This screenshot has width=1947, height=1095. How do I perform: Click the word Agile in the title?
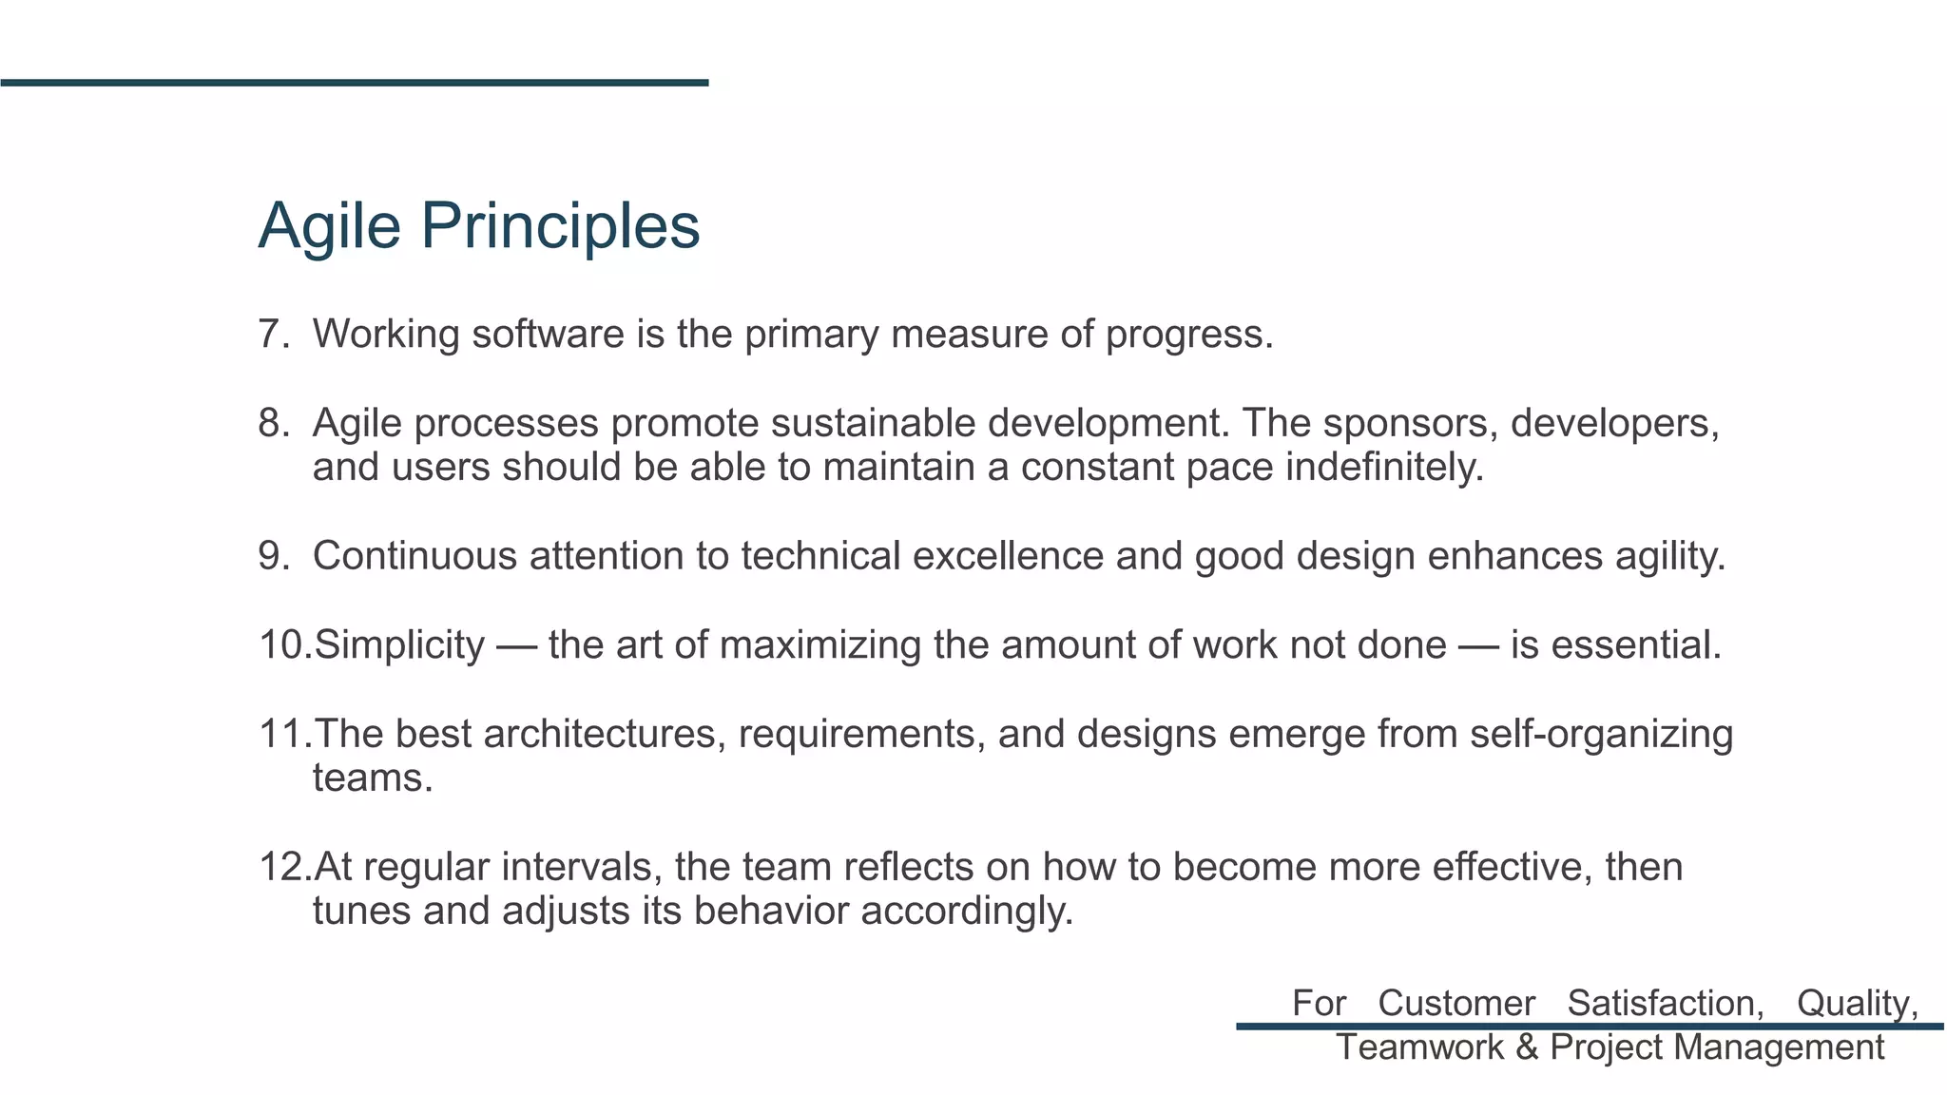[329, 226]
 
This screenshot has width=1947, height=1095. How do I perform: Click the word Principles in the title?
[560, 226]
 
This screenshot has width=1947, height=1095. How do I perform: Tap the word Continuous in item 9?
[414, 556]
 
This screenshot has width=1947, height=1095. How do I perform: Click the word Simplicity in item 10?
[399, 645]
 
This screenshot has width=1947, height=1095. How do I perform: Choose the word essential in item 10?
[1635, 645]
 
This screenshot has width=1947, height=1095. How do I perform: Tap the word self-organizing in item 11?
[1601, 734]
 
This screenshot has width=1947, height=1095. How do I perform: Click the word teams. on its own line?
[373, 778]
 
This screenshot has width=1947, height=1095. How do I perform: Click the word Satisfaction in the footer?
[1665, 1004]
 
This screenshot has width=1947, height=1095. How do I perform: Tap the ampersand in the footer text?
[1527, 1047]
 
